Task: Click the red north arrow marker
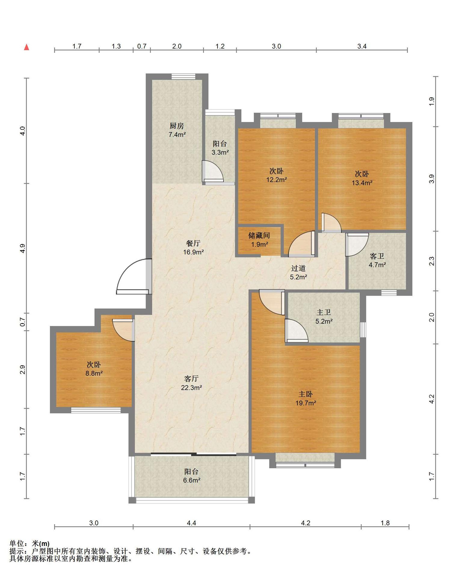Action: [27, 47]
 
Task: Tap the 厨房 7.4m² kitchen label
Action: [177, 130]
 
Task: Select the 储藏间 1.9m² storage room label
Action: [259, 240]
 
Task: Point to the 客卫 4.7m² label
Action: [377, 261]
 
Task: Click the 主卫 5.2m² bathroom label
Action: [324, 317]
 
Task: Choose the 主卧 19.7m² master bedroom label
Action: [306, 398]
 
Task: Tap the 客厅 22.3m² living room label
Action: [191, 383]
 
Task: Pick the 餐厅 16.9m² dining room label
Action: [193, 248]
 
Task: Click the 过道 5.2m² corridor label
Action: [298, 273]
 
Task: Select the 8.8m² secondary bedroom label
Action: [94, 369]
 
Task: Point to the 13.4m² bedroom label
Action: [362, 178]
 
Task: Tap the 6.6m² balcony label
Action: [192, 476]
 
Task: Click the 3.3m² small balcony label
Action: [220, 148]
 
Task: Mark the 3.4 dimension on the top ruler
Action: [362, 46]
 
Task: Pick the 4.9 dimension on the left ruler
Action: [22, 248]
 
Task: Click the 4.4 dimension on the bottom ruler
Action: [191, 523]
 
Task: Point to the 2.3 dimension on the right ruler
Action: [432, 261]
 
